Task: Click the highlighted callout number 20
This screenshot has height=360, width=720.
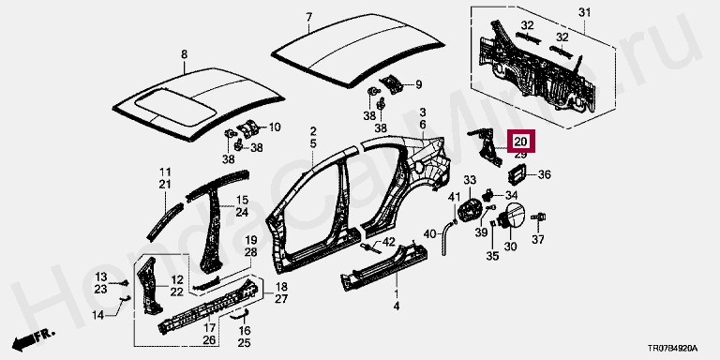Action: tap(520, 142)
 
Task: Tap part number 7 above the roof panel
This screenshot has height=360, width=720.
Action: tap(309, 18)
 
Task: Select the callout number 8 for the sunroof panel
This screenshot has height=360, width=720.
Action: tap(184, 54)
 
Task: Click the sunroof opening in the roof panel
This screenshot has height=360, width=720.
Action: tap(177, 108)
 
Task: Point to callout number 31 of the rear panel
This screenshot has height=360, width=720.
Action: tap(584, 13)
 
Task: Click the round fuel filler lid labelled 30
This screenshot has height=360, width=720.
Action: tap(512, 216)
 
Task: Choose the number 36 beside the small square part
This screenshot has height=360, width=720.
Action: tap(544, 174)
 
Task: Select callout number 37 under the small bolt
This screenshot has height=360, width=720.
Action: tap(538, 239)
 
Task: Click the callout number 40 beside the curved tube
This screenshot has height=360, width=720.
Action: tap(429, 234)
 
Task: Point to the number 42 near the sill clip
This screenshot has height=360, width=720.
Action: tap(388, 242)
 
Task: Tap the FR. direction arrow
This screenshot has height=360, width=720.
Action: tap(33, 338)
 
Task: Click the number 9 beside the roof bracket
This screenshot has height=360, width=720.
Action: tap(418, 84)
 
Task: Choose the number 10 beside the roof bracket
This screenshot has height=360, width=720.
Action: tap(274, 127)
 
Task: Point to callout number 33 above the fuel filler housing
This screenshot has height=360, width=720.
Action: tap(470, 179)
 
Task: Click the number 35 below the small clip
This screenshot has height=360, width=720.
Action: tap(492, 256)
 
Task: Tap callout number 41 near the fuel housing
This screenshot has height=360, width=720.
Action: tap(454, 197)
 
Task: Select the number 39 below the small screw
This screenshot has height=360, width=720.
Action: tap(481, 232)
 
